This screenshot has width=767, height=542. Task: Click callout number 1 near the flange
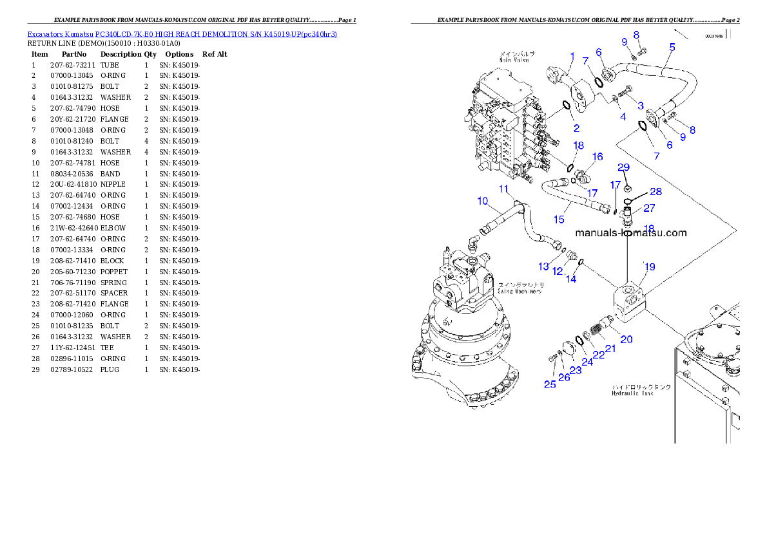(x=572, y=57)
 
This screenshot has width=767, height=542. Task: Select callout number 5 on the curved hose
(x=672, y=47)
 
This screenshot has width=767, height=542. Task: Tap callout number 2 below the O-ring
(x=576, y=129)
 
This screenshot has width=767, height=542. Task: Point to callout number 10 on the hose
(x=483, y=201)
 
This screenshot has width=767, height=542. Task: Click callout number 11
(x=503, y=189)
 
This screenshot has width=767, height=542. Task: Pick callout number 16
(x=597, y=156)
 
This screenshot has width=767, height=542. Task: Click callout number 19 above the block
(x=650, y=266)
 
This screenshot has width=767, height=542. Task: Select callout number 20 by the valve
(x=626, y=339)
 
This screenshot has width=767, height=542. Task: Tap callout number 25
(x=550, y=384)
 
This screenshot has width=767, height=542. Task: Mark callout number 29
(x=623, y=167)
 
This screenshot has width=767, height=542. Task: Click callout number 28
(x=655, y=192)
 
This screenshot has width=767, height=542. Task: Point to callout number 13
(x=545, y=266)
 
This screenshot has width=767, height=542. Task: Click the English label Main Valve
(x=514, y=60)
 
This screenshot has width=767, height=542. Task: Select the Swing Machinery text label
(x=519, y=291)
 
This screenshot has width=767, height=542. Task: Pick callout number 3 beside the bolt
(x=640, y=105)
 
